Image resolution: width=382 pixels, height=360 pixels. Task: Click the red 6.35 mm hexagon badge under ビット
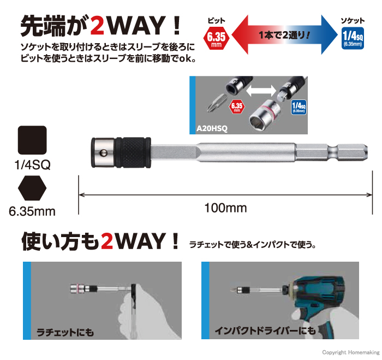point(216,39)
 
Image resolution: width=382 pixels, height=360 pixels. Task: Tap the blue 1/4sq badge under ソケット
point(353,39)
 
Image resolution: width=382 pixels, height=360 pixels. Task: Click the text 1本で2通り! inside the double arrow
point(284,36)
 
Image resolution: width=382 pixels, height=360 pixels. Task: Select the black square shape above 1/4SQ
point(32,140)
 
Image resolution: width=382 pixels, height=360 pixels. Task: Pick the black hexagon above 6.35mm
point(32,188)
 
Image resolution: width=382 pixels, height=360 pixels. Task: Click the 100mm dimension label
point(225,208)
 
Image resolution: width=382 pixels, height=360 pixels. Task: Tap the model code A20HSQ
point(212,128)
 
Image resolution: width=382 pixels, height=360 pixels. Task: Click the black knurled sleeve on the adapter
point(133,152)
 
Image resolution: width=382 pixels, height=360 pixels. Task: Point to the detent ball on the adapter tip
point(103,153)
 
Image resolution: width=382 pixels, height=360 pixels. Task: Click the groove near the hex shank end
point(333,152)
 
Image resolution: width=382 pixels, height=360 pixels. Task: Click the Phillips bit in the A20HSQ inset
point(216,103)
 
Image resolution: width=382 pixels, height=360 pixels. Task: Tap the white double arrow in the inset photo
point(261,91)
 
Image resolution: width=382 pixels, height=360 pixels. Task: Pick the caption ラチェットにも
point(65,332)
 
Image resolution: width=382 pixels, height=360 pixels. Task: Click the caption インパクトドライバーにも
point(265,331)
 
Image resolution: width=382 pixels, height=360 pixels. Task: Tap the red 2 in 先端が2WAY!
point(98,26)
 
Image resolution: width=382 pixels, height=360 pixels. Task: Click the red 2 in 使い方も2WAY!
point(107,241)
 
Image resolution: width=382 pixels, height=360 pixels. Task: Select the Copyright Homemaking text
point(350,352)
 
